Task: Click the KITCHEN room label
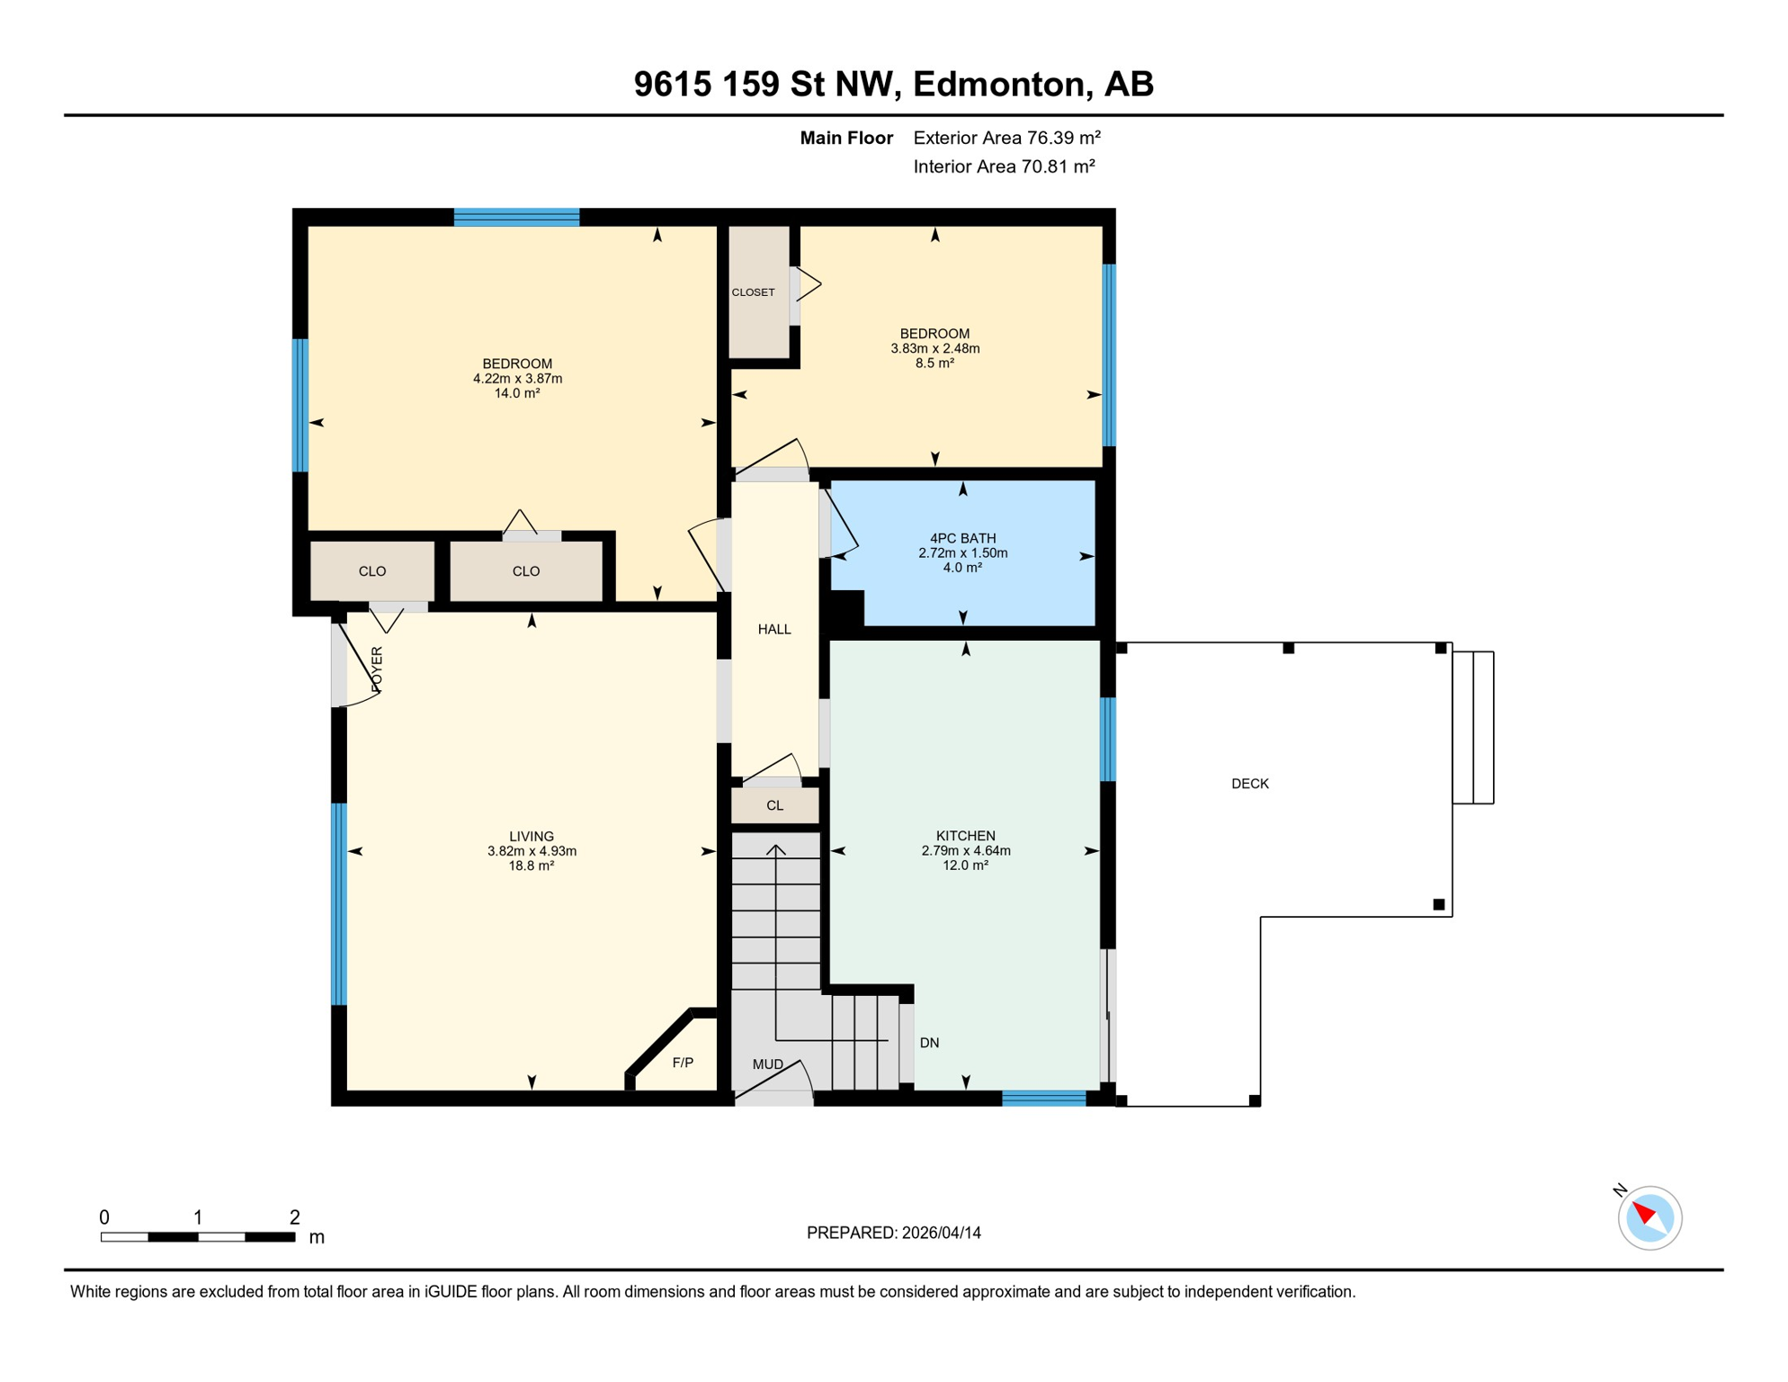coord(965,836)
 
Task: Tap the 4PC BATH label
coord(962,539)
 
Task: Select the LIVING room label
coord(531,837)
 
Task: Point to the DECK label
coord(1249,784)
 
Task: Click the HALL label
coord(773,630)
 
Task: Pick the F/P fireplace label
coord(683,1063)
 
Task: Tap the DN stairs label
coord(929,1043)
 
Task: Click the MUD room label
coord(767,1064)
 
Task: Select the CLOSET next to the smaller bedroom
coord(753,292)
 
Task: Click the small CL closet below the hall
coord(774,805)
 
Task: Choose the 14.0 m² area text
coord(516,393)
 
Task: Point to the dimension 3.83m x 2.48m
coord(934,348)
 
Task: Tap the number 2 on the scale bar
coord(294,1217)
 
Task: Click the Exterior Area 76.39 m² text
coord(1006,138)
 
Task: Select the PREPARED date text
coord(893,1233)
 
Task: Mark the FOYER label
coord(377,669)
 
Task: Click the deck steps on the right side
coord(1472,727)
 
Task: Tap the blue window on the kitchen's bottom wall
coord(1043,1098)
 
